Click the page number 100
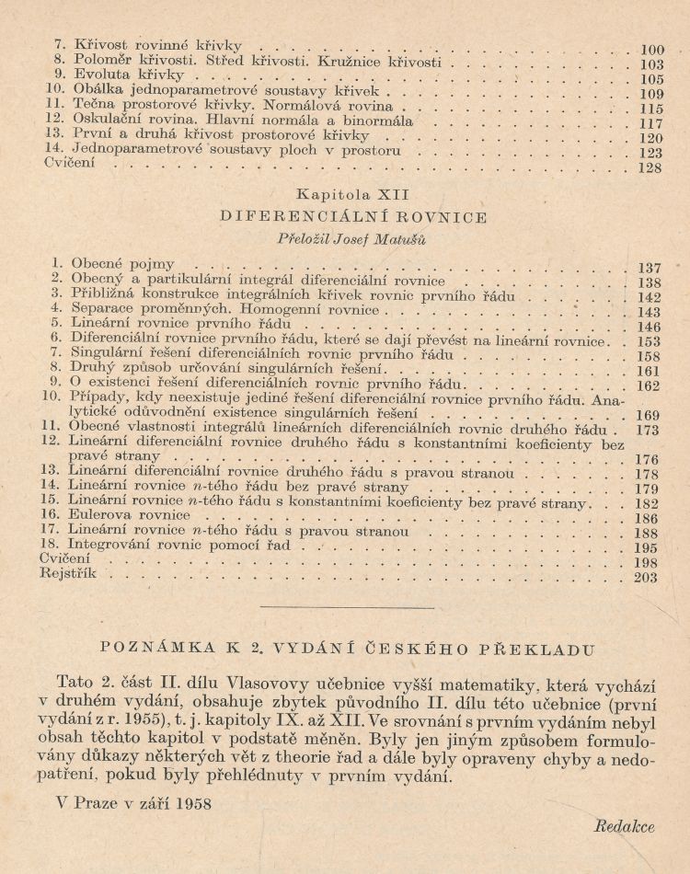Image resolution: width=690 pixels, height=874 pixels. (651, 50)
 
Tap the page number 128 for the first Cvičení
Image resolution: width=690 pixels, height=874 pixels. (650, 168)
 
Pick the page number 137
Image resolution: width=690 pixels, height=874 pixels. (650, 269)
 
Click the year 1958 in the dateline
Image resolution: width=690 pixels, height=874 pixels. (190, 803)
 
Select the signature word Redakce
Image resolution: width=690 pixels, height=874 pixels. (624, 826)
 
